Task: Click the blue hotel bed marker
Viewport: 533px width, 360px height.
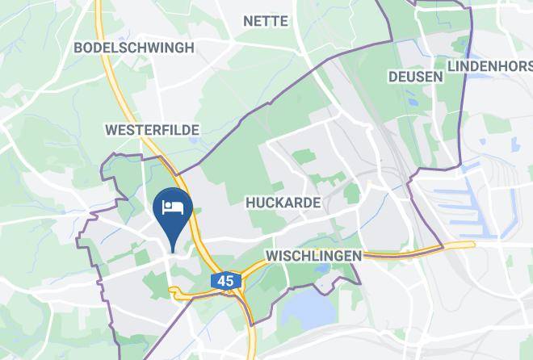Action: pos(173,212)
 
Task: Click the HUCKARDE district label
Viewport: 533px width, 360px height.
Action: pos(282,202)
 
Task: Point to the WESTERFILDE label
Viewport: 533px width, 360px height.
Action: pos(152,129)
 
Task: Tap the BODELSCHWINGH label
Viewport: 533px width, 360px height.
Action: pos(133,48)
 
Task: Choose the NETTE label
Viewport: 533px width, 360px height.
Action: pos(266,21)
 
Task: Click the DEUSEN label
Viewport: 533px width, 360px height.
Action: pos(415,77)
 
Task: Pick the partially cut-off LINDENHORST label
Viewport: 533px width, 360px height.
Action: pos(489,65)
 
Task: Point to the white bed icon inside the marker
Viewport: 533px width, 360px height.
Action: pos(173,206)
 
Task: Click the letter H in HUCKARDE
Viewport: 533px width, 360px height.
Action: pos(249,202)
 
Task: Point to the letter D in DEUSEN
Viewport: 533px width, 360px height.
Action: pos(392,77)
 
